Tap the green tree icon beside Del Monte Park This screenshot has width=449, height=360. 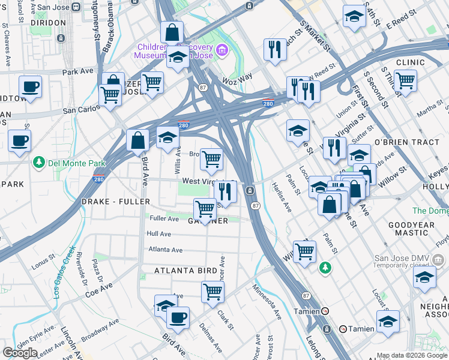[39, 162]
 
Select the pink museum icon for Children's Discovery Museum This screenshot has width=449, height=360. [222, 49]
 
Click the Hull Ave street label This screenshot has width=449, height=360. [159, 234]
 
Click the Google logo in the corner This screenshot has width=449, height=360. [20, 353]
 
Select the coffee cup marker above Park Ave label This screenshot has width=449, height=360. [29, 86]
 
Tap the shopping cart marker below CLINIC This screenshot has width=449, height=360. [405, 80]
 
